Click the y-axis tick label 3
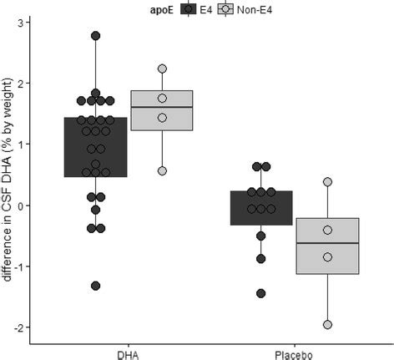pos(19,22)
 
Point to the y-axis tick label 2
pos(19,83)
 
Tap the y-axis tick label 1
pos(19,144)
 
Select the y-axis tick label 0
pos(19,205)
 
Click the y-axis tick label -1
pos(18,266)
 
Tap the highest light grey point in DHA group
pos(162,68)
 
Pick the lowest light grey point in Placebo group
pos(327,324)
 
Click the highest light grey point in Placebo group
pos(327,181)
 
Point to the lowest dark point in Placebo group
pos(261,293)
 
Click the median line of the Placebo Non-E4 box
pos(327,243)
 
